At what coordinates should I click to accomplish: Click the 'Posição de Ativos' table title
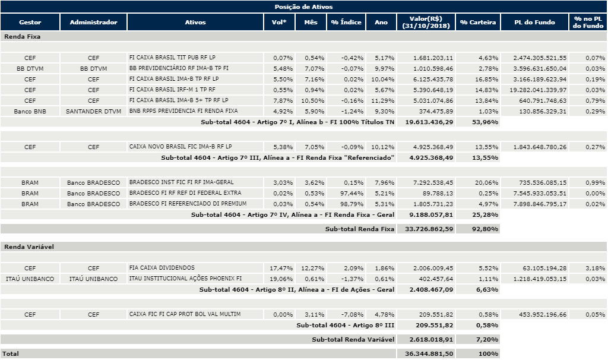(x=303, y=6)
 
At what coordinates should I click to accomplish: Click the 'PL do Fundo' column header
(x=535, y=23)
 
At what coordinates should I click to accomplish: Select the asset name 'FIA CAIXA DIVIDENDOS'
(x=162, y=268)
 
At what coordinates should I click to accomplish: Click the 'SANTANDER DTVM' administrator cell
(x=93, y=111)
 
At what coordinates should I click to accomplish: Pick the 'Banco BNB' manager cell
(x=30, y=111)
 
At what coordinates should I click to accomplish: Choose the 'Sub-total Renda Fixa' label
(x=359, y=229)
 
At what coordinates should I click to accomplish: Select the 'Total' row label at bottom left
(x=11, y=353)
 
